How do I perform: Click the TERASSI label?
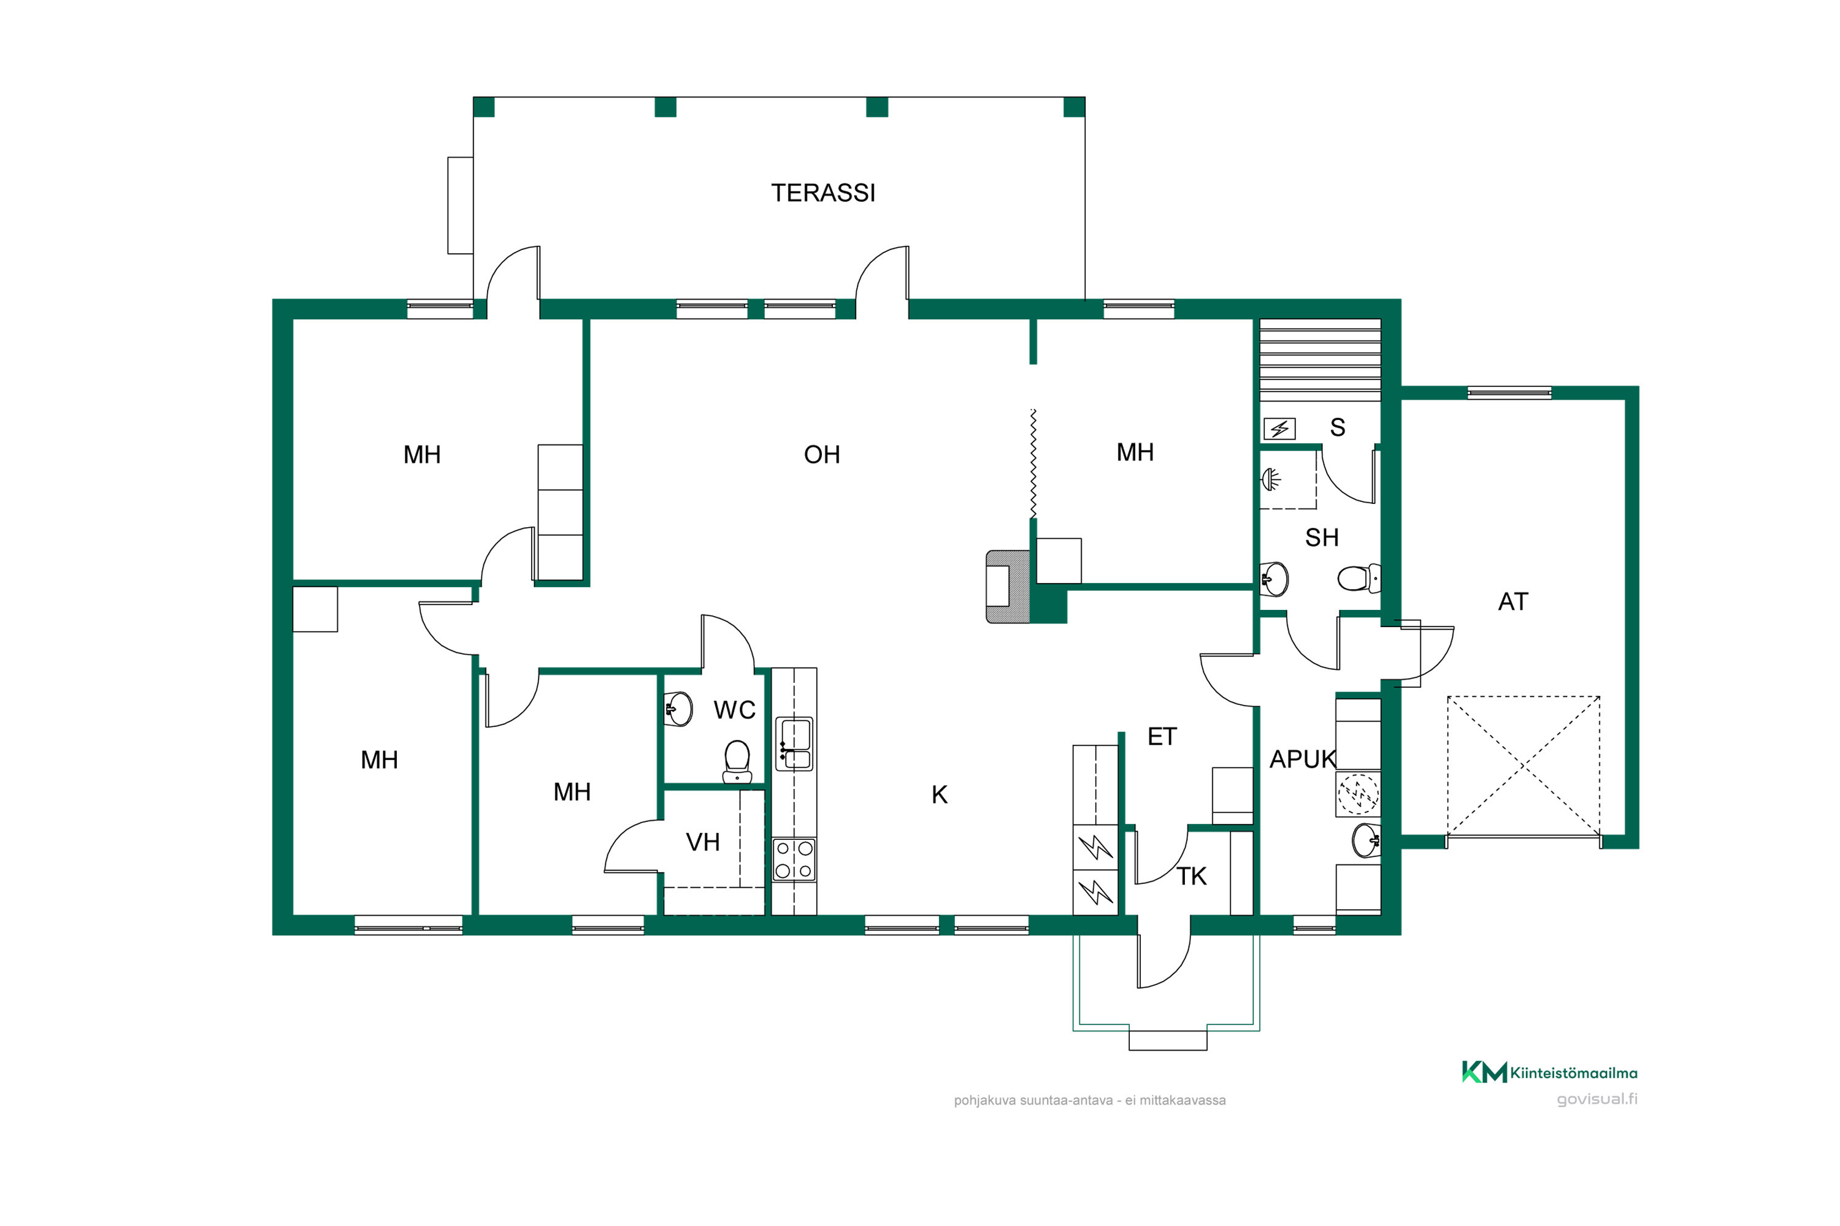[x=823, y=193]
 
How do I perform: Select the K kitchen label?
[x=940, y=794]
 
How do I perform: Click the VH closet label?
[x=702, y=842]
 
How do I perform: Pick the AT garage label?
[x=1513, y=601]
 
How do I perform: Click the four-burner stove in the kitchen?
[x=794, y=860]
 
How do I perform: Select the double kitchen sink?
[x=794, y=744]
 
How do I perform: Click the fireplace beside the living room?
[x=1008, y=587]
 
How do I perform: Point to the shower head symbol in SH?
[x=1271, y=479]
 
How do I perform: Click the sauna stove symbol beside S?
[x=1280, y=428]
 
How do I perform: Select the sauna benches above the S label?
[x=1320, y=360]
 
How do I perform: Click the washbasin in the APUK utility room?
[x=1366, y=840]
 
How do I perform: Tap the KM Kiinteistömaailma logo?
[x=1549, y=1072]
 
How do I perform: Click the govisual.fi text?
[x=1597, y=1098]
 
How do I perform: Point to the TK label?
[x=1192, y=877]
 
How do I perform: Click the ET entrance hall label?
[x=1162, y=737]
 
